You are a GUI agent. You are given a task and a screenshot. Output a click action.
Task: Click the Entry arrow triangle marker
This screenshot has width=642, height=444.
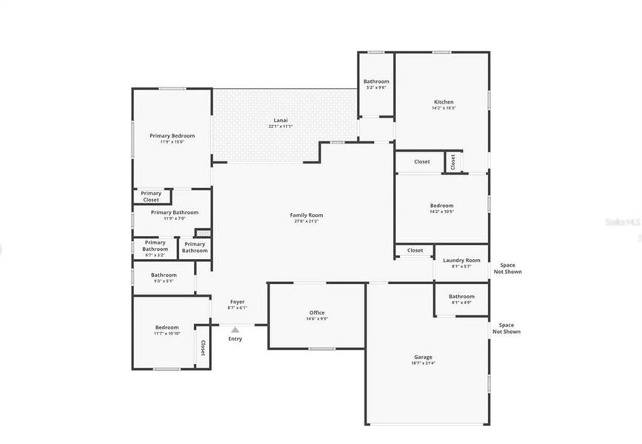[x=235, y=330]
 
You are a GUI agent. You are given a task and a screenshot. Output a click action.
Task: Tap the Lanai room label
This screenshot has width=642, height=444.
[x=280, y=121]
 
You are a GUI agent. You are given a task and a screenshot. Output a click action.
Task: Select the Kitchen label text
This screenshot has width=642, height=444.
[x=444, y=102]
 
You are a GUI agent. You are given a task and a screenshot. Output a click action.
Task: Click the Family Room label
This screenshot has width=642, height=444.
[x=306, y=215]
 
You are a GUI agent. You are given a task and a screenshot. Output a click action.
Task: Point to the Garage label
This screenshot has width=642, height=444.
[x=423, y=357]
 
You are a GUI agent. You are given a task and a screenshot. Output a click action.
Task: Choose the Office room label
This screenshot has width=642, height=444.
[x=316, y=313]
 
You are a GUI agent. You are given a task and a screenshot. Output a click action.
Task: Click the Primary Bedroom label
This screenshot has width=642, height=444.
[x=172, y=136]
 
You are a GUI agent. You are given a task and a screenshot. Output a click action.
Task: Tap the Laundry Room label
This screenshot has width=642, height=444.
[x=461, y=260]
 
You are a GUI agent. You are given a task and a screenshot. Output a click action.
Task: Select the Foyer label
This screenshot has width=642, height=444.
[x=237, y=302]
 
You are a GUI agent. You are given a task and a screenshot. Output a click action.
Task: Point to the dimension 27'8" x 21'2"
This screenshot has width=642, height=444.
[x=306, y=221]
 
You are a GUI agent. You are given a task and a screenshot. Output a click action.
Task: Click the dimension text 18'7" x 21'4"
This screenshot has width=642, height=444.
[x=423, y=363]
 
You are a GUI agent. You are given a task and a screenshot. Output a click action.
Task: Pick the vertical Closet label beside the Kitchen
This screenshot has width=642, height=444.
[x=452, y=162]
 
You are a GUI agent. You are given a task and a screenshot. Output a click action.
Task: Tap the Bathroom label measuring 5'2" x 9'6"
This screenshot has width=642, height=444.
[x=376, y=81]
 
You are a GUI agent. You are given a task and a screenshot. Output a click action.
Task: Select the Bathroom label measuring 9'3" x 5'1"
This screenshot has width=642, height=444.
[x=164, y=275]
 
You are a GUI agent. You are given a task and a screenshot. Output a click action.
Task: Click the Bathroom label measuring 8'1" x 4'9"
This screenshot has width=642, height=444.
[x=461, y=297]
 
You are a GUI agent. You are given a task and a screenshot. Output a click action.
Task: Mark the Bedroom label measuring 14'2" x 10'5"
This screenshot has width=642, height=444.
[x=441, y=206]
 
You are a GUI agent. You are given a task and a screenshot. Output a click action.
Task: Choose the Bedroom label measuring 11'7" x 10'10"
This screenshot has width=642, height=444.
[x=167, y=327]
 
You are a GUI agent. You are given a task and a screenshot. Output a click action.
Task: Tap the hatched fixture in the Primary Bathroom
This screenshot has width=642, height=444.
[x=202, y=234]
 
